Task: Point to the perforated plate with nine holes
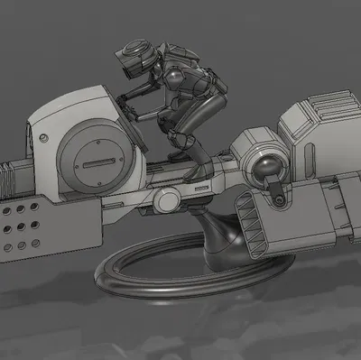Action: click(x=22, y=225)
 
